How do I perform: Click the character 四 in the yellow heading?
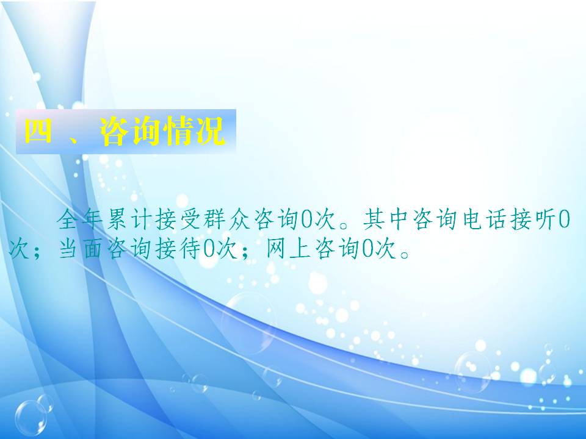tap(38, 131)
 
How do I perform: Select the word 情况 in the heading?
tap(195, 131)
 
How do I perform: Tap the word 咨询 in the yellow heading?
tap(131, 131)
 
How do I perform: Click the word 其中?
tap(385, 219)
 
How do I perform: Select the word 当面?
tap(80, 248)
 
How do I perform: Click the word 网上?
tap(288, 248)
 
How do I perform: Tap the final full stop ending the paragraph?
tap(404, 254)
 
